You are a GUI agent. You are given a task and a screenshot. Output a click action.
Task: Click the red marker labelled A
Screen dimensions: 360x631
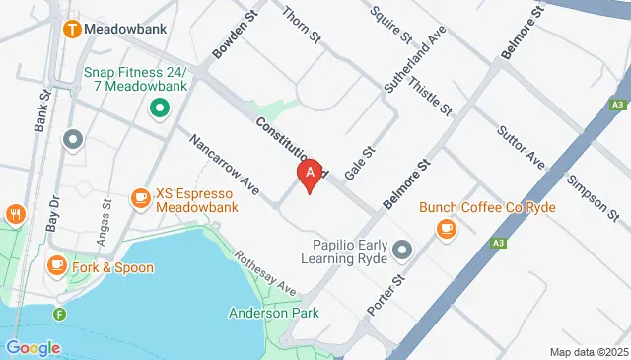[311, 176]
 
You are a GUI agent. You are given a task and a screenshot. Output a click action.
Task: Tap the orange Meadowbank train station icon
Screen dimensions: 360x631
[72, 29]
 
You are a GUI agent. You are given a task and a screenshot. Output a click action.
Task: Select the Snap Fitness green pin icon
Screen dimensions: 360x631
[157, 109]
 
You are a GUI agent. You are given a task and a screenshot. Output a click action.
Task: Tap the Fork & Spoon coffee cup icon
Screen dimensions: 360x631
[56, 265]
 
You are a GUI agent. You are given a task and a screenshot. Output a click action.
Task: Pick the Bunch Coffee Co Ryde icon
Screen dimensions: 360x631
[447, 229]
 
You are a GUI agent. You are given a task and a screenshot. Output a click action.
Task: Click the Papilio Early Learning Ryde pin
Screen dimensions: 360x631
[400, 251]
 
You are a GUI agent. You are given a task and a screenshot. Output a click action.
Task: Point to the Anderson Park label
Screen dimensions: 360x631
[271, 314]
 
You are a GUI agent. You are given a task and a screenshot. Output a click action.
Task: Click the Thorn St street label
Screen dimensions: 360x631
[302, 26]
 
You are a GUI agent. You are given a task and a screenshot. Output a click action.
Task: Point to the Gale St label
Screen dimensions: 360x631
[361, 163]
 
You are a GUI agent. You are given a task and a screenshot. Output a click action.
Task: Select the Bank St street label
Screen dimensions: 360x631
[42, 110]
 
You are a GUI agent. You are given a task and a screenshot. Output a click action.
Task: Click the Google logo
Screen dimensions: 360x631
[33, 347]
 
